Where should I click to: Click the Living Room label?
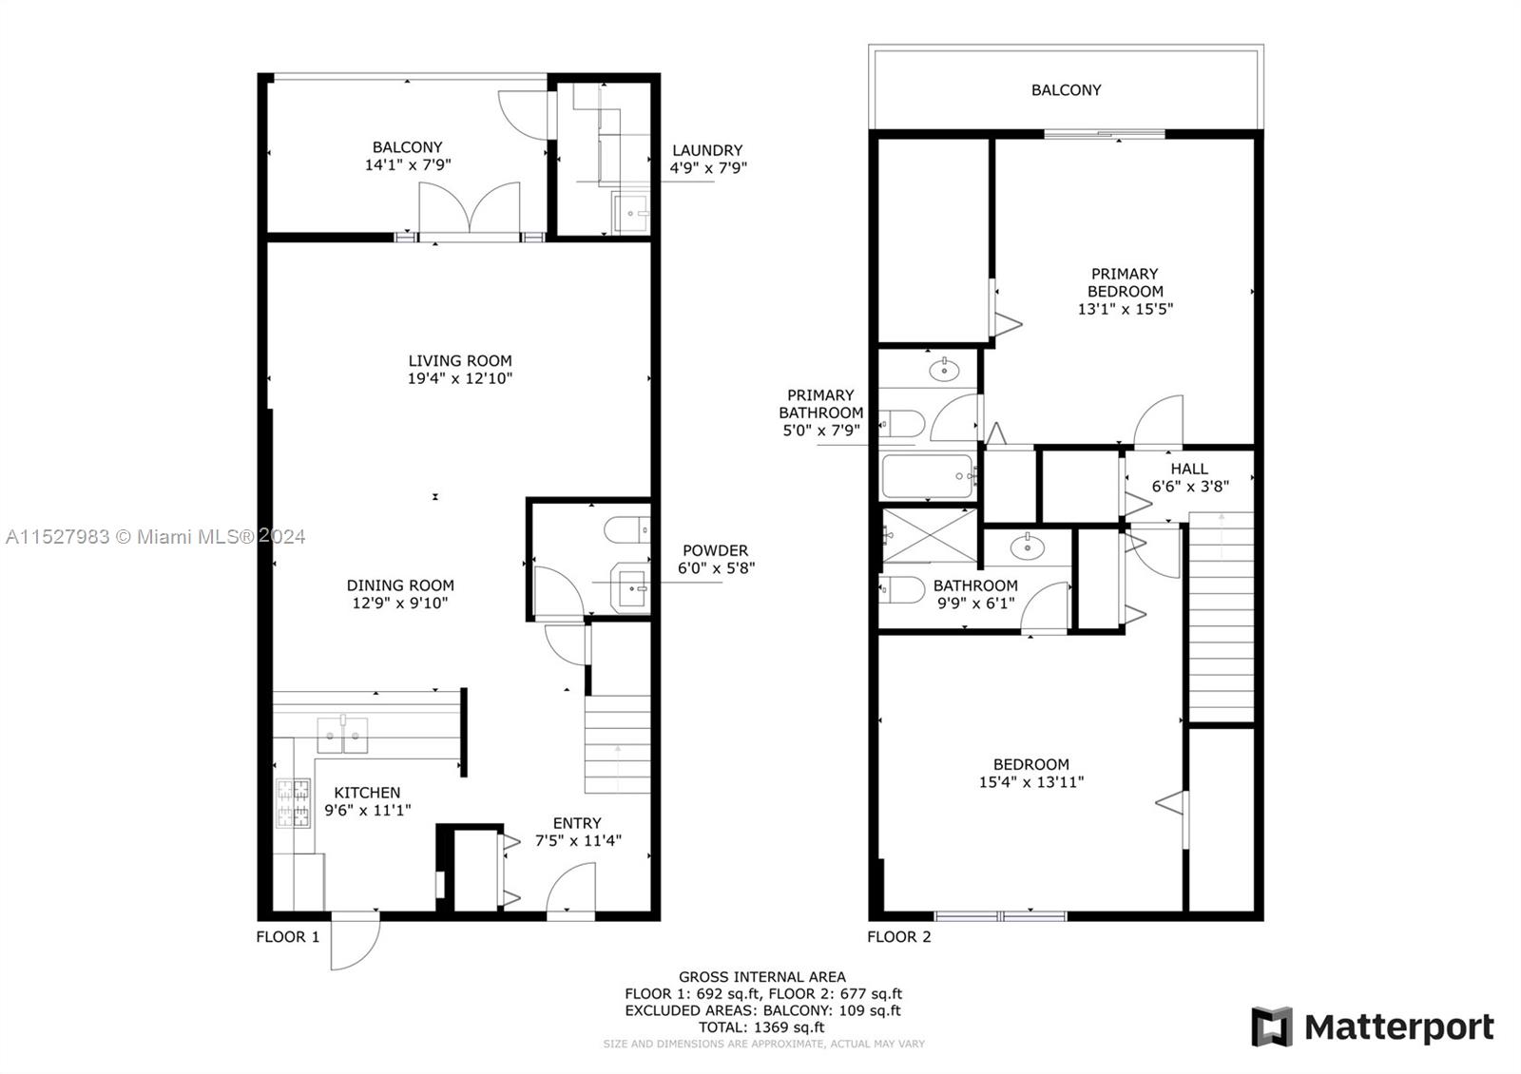pyautogui.click(x=460, y=360)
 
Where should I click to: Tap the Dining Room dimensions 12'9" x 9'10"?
pyautogui.click(x=400, y=603)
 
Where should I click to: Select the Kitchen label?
pyautogui.click(x=367, y=793)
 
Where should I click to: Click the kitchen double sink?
pyautogui.click(x=343, y=736)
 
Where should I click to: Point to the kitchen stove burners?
pyautogui.click(x=294, y=803)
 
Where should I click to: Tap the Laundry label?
pyautogui.click(x=707, y=150)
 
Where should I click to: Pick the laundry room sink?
pyautogui.click(x=631, y=213)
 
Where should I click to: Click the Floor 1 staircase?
pyautogui.click(x=617, y=743)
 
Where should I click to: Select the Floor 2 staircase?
pyautogui.click(x=1221, y=617)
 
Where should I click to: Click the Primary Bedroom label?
pyautogui.click(x=1126, y=282)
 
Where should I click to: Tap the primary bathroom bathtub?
pyautogui.click(x=928, y=476)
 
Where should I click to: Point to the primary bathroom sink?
pyautogui.click(x=944, y=371)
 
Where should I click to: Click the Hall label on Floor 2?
pyautogui.click(x=1189, y=469)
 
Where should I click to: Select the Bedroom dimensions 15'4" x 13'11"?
pyautogui.click(x=1031, y=782)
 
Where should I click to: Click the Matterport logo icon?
pyautogui.click(x=1272, y=1026)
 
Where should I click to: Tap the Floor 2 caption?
pyautogui.click(x=899, y=937)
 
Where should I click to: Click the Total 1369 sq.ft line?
pyautogui.click(x=761, y=1027)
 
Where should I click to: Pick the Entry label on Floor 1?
pyautogui.click(x=577, y=823)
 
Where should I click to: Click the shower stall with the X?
pyautogui.click(x=929, y=536)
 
